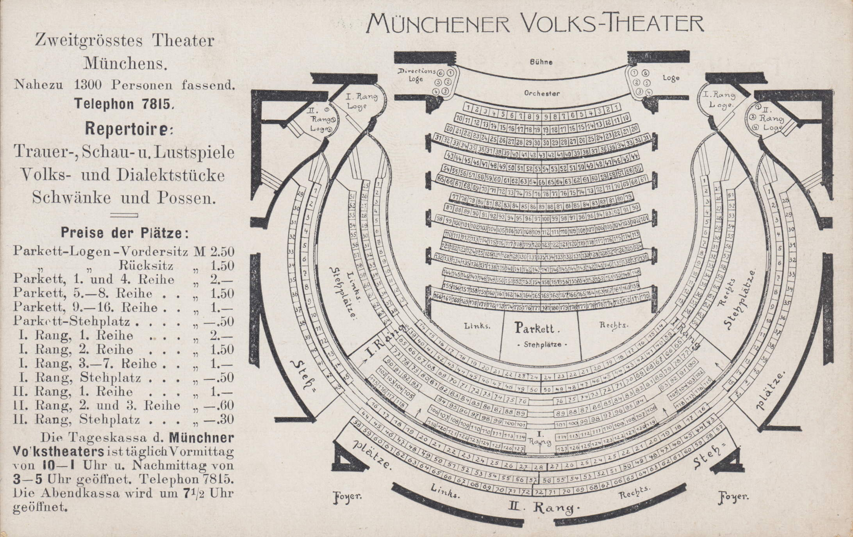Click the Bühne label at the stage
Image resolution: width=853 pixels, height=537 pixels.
click(541, 62)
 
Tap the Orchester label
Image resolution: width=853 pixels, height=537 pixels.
click(542, 93)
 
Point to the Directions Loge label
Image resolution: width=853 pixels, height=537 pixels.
click(416, 75)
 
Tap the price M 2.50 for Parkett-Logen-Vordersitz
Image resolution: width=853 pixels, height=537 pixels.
click(214, 251)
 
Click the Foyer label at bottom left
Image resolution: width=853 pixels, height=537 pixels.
click(347, 497)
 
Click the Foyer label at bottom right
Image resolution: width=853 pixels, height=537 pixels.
click(733, 497)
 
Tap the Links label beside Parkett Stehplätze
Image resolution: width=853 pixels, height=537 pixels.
click(477, 326)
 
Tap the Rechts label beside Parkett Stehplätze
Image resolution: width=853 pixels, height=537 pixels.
click(614, 325)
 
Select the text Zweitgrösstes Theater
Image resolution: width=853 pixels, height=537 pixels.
click(125, 41)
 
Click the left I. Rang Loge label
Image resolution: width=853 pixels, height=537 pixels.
click(361, 101)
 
